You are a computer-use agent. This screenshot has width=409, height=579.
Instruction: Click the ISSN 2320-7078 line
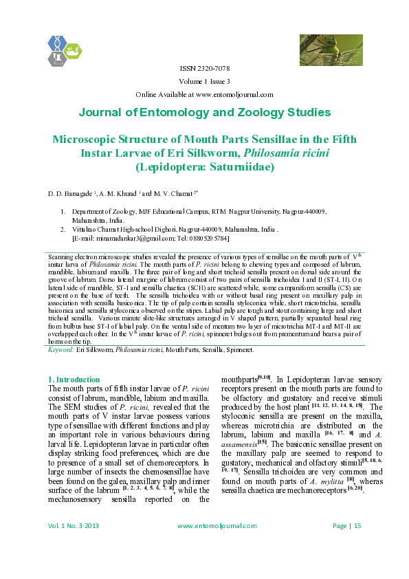pos(204,69)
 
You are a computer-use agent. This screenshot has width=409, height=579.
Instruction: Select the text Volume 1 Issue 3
pos(204,82)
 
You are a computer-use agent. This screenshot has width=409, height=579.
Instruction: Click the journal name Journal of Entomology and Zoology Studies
pos(204,113)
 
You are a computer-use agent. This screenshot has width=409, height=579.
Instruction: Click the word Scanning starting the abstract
pos(58,255)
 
